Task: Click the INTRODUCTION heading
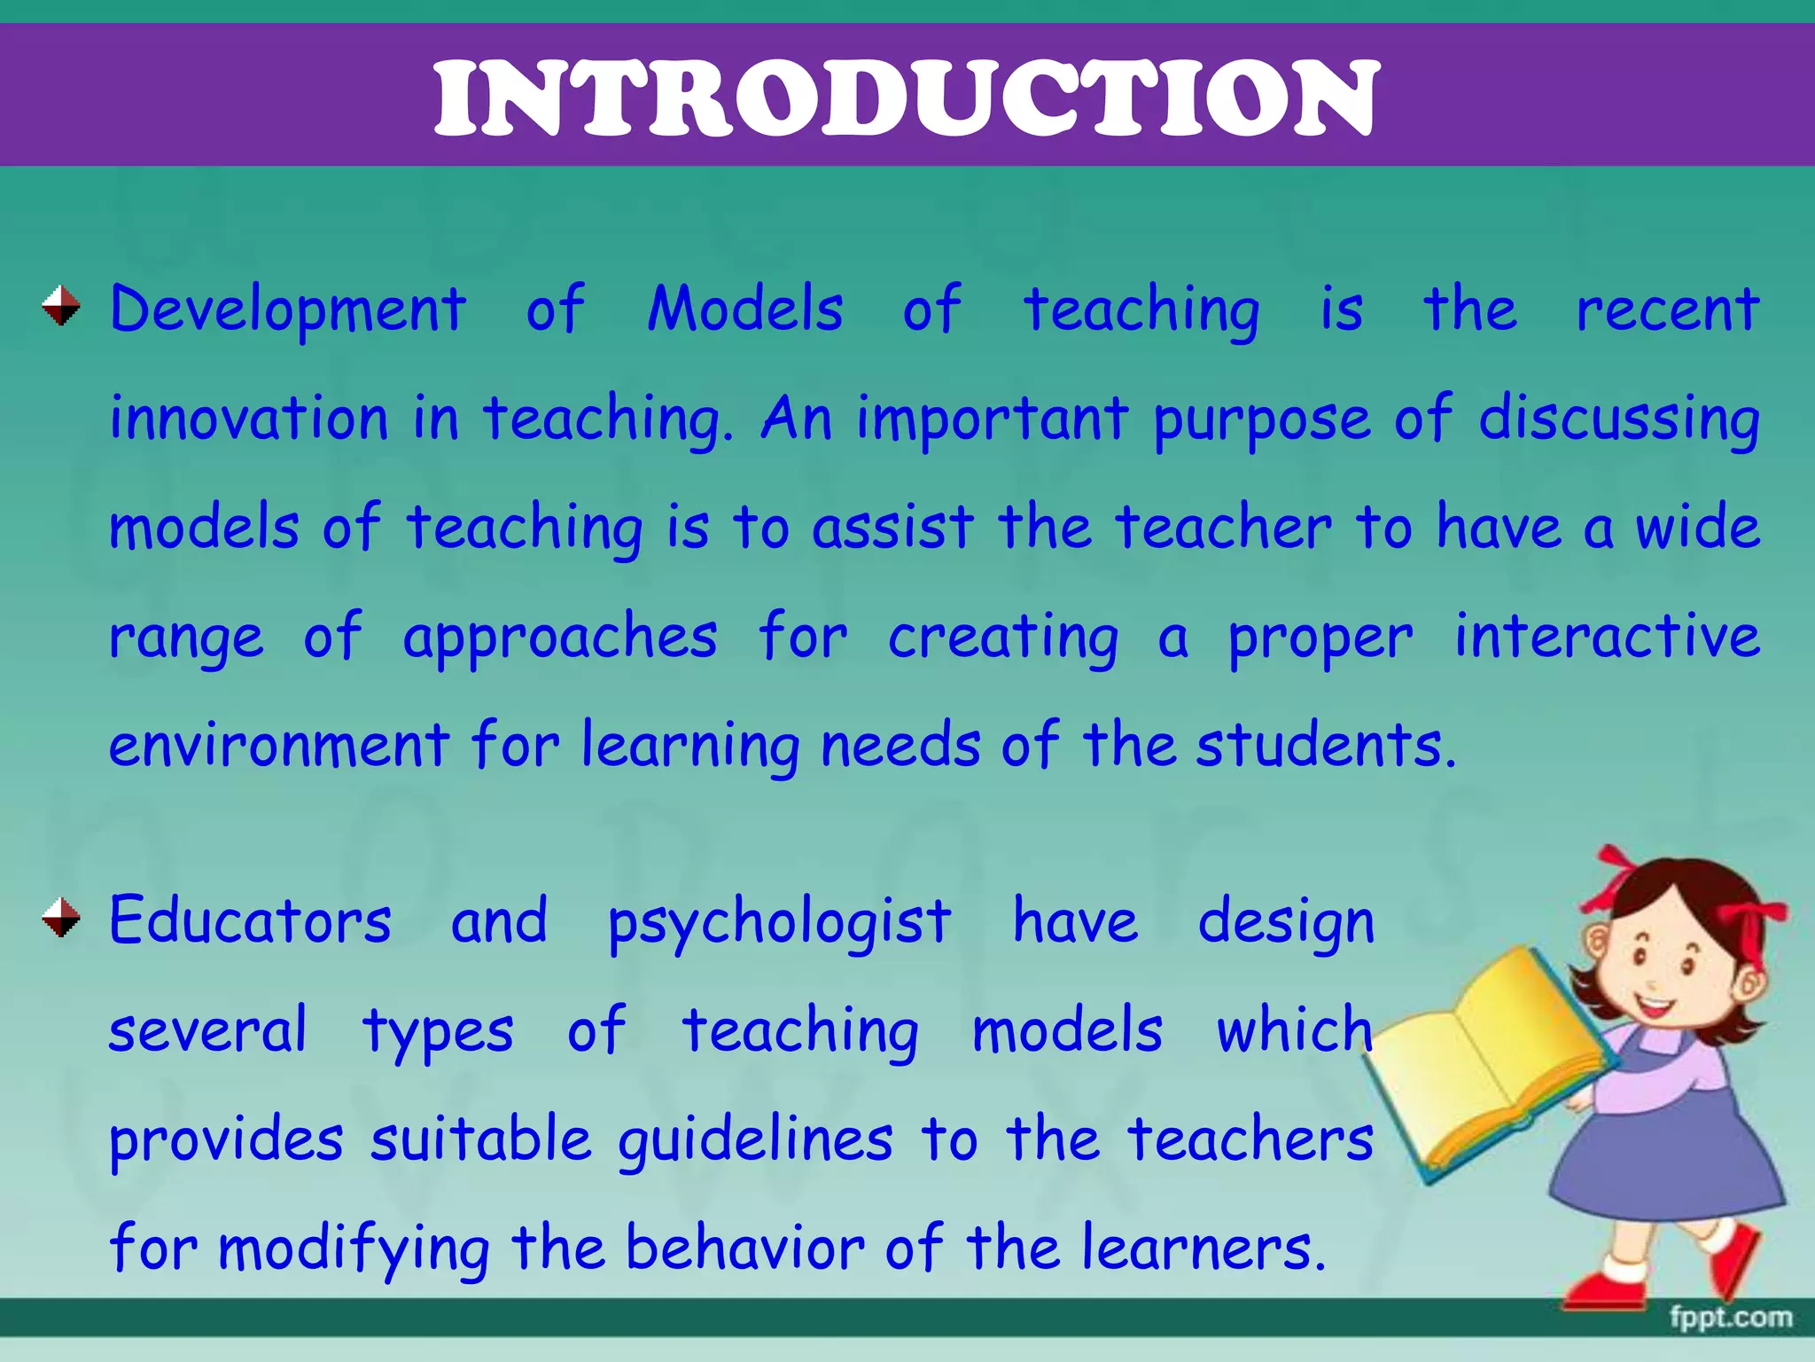[906, 98]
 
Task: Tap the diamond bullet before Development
[61, 306]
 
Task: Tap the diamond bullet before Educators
[61, 917]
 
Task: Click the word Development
[288, 310]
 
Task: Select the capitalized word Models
[744, 309]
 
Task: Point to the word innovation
[249, 418]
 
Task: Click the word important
[993, 419]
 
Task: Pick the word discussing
[1618, 419]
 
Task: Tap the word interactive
[1607, 636]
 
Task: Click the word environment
[279, 745]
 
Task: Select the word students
[1324, 745]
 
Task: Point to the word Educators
[250, 920]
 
